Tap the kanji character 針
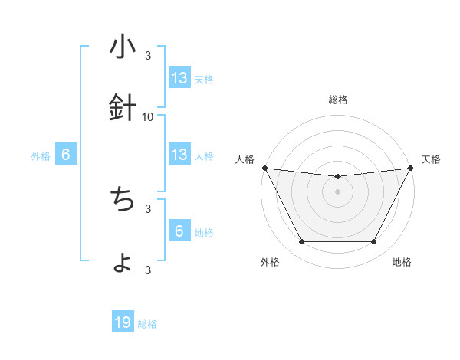[123, 109]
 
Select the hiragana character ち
[123, 200]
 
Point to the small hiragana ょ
[123, 263]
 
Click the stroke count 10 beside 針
[148, 116]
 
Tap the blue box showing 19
[123, 323]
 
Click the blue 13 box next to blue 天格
[179, 78]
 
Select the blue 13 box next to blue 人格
[179, 155]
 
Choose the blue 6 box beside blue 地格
[179, 231]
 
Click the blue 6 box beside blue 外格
[66, 155]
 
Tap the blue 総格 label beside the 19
[147, 324]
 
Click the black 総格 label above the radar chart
[337, 100]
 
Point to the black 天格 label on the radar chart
[431, 159]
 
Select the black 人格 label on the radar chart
[245, 159]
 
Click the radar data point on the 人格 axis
[264, 168]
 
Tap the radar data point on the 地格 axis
[373, 242]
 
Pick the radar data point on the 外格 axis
[301, 242]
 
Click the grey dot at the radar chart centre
[337, 191]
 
